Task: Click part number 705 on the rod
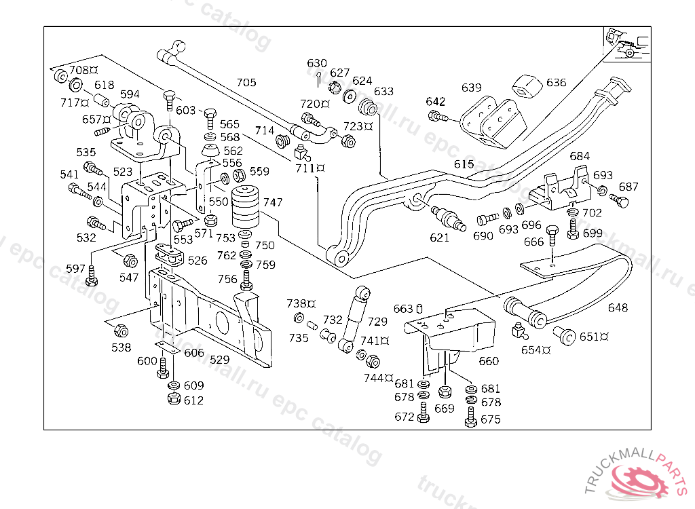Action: click(x=246, y=83)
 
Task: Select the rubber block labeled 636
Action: click(x=525, y=86)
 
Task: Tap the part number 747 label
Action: click(x=273, y=202)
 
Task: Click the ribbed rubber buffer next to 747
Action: click(x=246, y=207)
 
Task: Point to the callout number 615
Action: click(x=464, y=164)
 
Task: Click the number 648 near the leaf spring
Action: click(x=618, y=307)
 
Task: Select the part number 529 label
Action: click(x=219, y=360)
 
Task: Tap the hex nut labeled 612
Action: click(x=173, y=399)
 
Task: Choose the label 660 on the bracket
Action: click(x=489, y=361)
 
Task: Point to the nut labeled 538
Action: click(x=121, y=331)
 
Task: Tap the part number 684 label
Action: click(x=580, y=157)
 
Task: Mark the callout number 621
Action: click(x=440, y=238)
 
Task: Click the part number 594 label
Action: click(x=130, y=94)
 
